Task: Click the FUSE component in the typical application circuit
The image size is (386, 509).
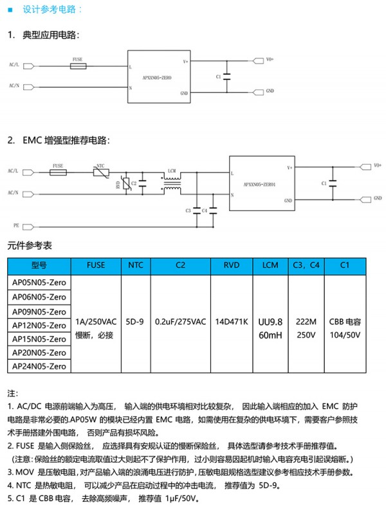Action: pos(78,65)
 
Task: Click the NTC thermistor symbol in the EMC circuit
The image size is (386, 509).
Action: pos(100,172)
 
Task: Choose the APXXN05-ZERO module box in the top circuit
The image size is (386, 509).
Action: pos(158,76)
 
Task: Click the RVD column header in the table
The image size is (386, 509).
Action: pos(232,264)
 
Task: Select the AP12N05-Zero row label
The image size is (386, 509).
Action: pos(39,325)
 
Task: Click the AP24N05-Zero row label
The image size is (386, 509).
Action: pos(39,366)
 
